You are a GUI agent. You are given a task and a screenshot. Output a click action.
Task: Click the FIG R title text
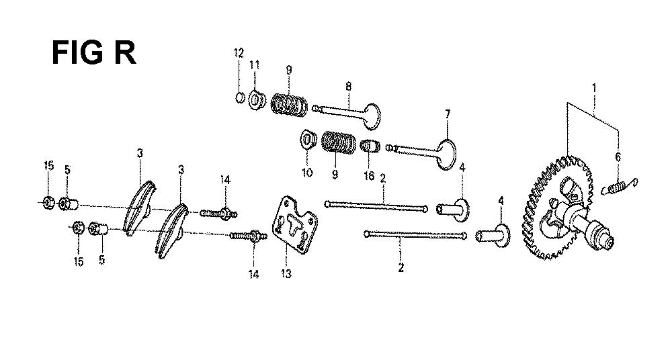(x=93, y=53)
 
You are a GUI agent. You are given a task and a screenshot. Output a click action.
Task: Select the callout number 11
(x=255, y=65)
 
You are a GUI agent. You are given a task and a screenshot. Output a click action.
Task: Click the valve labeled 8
(x=347, y=112)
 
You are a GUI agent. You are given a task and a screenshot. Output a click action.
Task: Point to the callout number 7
(x=448, y=114)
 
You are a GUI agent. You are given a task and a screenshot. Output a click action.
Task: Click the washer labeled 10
(x=306, y=140)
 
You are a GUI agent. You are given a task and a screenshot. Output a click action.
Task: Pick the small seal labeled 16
(x=370, y=146)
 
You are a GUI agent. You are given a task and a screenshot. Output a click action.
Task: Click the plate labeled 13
(x=295, y=225)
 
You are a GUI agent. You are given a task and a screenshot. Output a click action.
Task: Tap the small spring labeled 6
(x=620, y=187)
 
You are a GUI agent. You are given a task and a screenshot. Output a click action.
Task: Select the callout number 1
(x=594, y=88)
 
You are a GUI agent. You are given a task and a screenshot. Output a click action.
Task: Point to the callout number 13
(x=286, y=273)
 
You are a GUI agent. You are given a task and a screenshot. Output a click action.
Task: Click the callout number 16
(x=369, y=176)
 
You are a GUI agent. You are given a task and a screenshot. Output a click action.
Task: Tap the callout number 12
(x=239, y=53)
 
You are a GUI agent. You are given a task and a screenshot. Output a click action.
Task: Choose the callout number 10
(x=307, y=173)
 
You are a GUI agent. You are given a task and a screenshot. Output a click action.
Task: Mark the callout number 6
(x=618, y=157)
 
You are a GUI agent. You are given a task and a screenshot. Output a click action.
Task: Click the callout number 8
(x=348, y=87)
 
